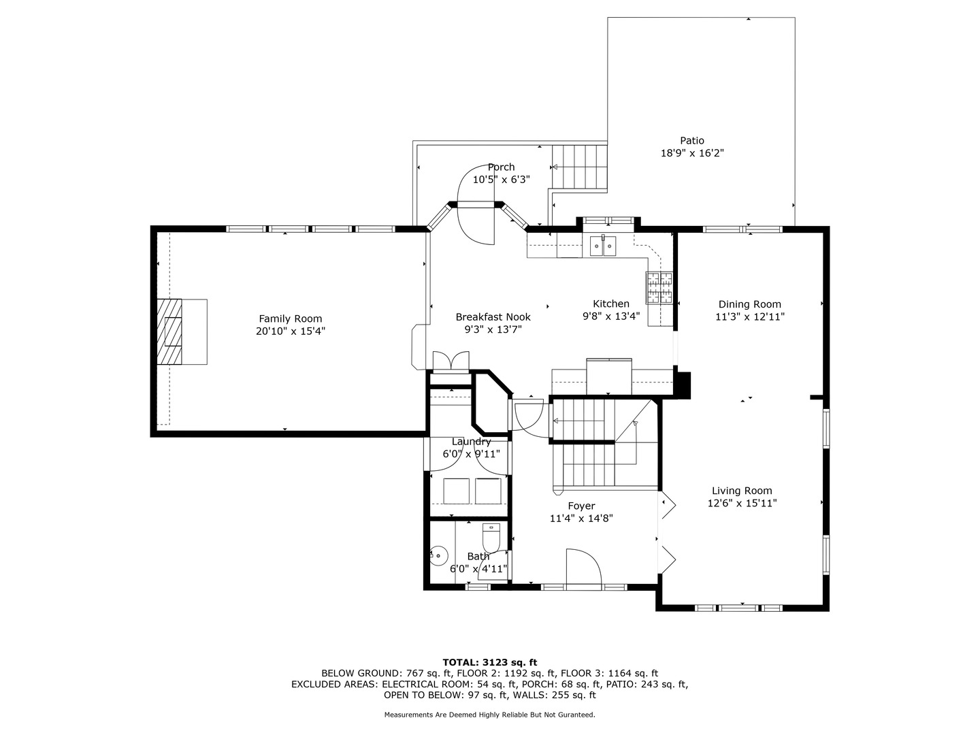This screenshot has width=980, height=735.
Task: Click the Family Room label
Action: (x=290, y=318)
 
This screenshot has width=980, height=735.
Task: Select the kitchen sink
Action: (x=603, y=244)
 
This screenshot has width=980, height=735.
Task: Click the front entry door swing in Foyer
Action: (x=582, y=566)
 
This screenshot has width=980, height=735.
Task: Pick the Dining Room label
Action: (x=749, y=304)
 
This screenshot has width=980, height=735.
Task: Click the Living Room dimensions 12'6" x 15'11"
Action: (x=742, y=504)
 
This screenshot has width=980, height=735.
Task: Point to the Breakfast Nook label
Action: (x=493, y=316)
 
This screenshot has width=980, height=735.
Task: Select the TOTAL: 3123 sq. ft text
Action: (x=489, y=661)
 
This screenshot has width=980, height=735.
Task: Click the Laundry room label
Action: (x=471, y=442)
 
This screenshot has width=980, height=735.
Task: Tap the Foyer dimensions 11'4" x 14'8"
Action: (x=581, y=518)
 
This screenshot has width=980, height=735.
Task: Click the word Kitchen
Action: (x=610, y=304)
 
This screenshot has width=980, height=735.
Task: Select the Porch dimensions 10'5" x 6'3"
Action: (x=501, y=180)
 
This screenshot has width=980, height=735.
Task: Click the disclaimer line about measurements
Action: (x=489, y=715)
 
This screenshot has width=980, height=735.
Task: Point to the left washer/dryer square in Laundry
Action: (x=456, y=491)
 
